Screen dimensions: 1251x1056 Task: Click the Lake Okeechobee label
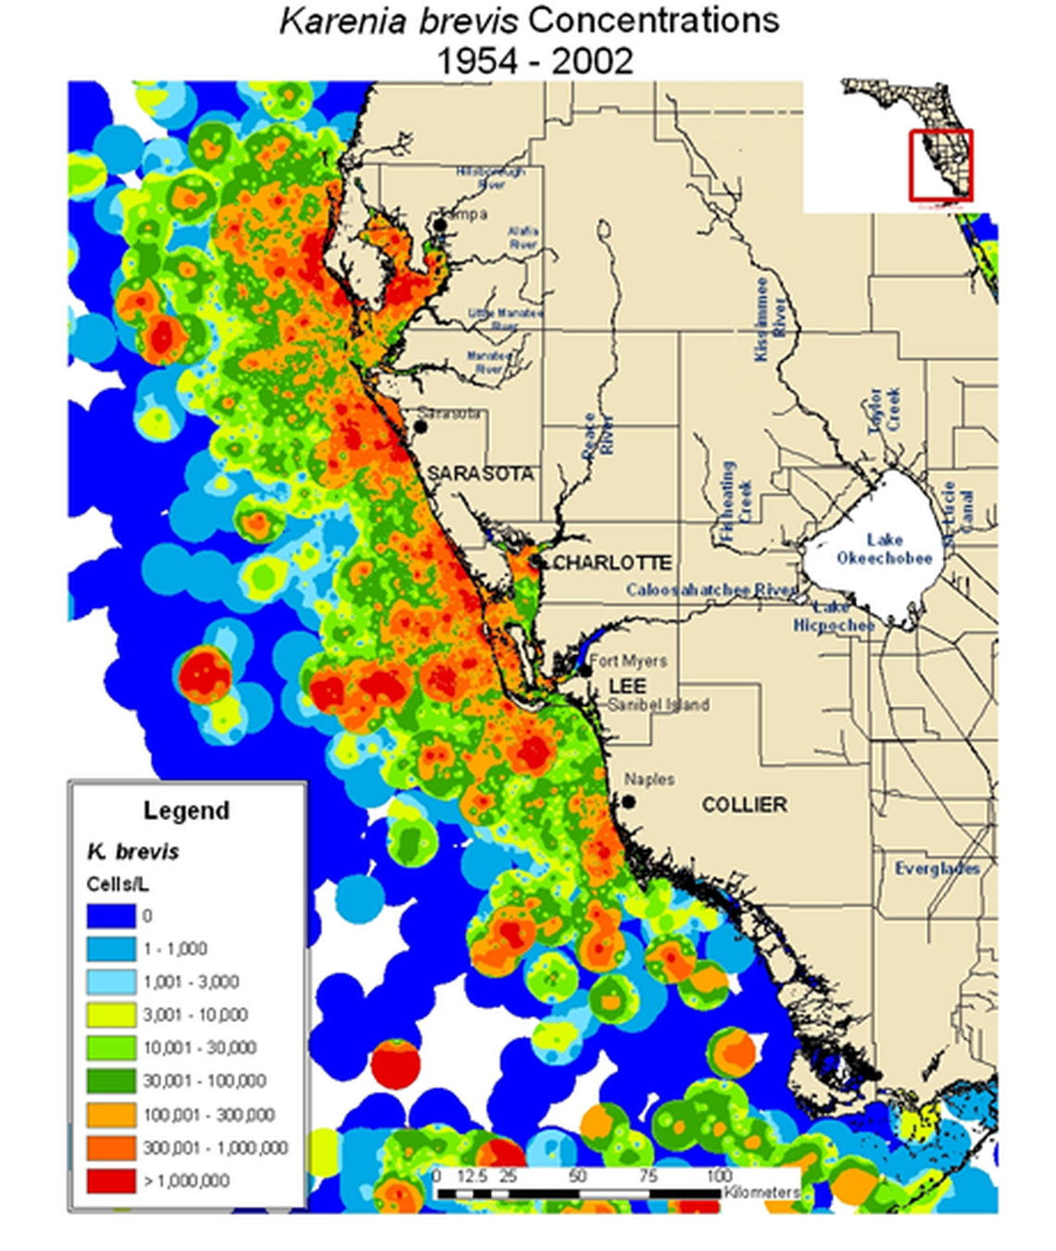tap(884, 549)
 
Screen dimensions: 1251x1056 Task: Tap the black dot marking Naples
tap(629, 802)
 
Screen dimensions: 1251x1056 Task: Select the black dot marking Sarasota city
tap(421, 427)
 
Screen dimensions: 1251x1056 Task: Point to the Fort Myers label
tap(628, 661)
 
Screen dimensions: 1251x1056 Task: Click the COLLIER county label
tap(744, 804)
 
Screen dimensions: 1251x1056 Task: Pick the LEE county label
tap(627, 686)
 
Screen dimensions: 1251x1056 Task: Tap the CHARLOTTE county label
tap(612, 562)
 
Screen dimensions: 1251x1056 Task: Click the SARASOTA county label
tap(480, 474)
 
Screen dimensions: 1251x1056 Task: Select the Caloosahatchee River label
tap(710, 590)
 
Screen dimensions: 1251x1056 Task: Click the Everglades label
tap(937, 868)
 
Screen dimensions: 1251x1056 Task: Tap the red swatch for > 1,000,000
tap(110, 1181)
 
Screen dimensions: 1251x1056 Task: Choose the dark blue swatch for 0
tap(110, 916)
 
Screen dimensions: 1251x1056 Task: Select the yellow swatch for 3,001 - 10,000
tap(110, 1015)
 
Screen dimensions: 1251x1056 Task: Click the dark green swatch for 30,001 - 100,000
tap(110, 1081)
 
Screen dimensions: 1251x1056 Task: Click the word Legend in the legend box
tap(186, 811)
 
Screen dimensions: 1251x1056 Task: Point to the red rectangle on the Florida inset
tap(940, 164)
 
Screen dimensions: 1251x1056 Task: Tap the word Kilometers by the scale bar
tap(761, 1192)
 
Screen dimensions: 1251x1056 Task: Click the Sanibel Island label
tap(659, 705)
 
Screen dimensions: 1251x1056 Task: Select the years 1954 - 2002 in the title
tap(534, 61)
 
